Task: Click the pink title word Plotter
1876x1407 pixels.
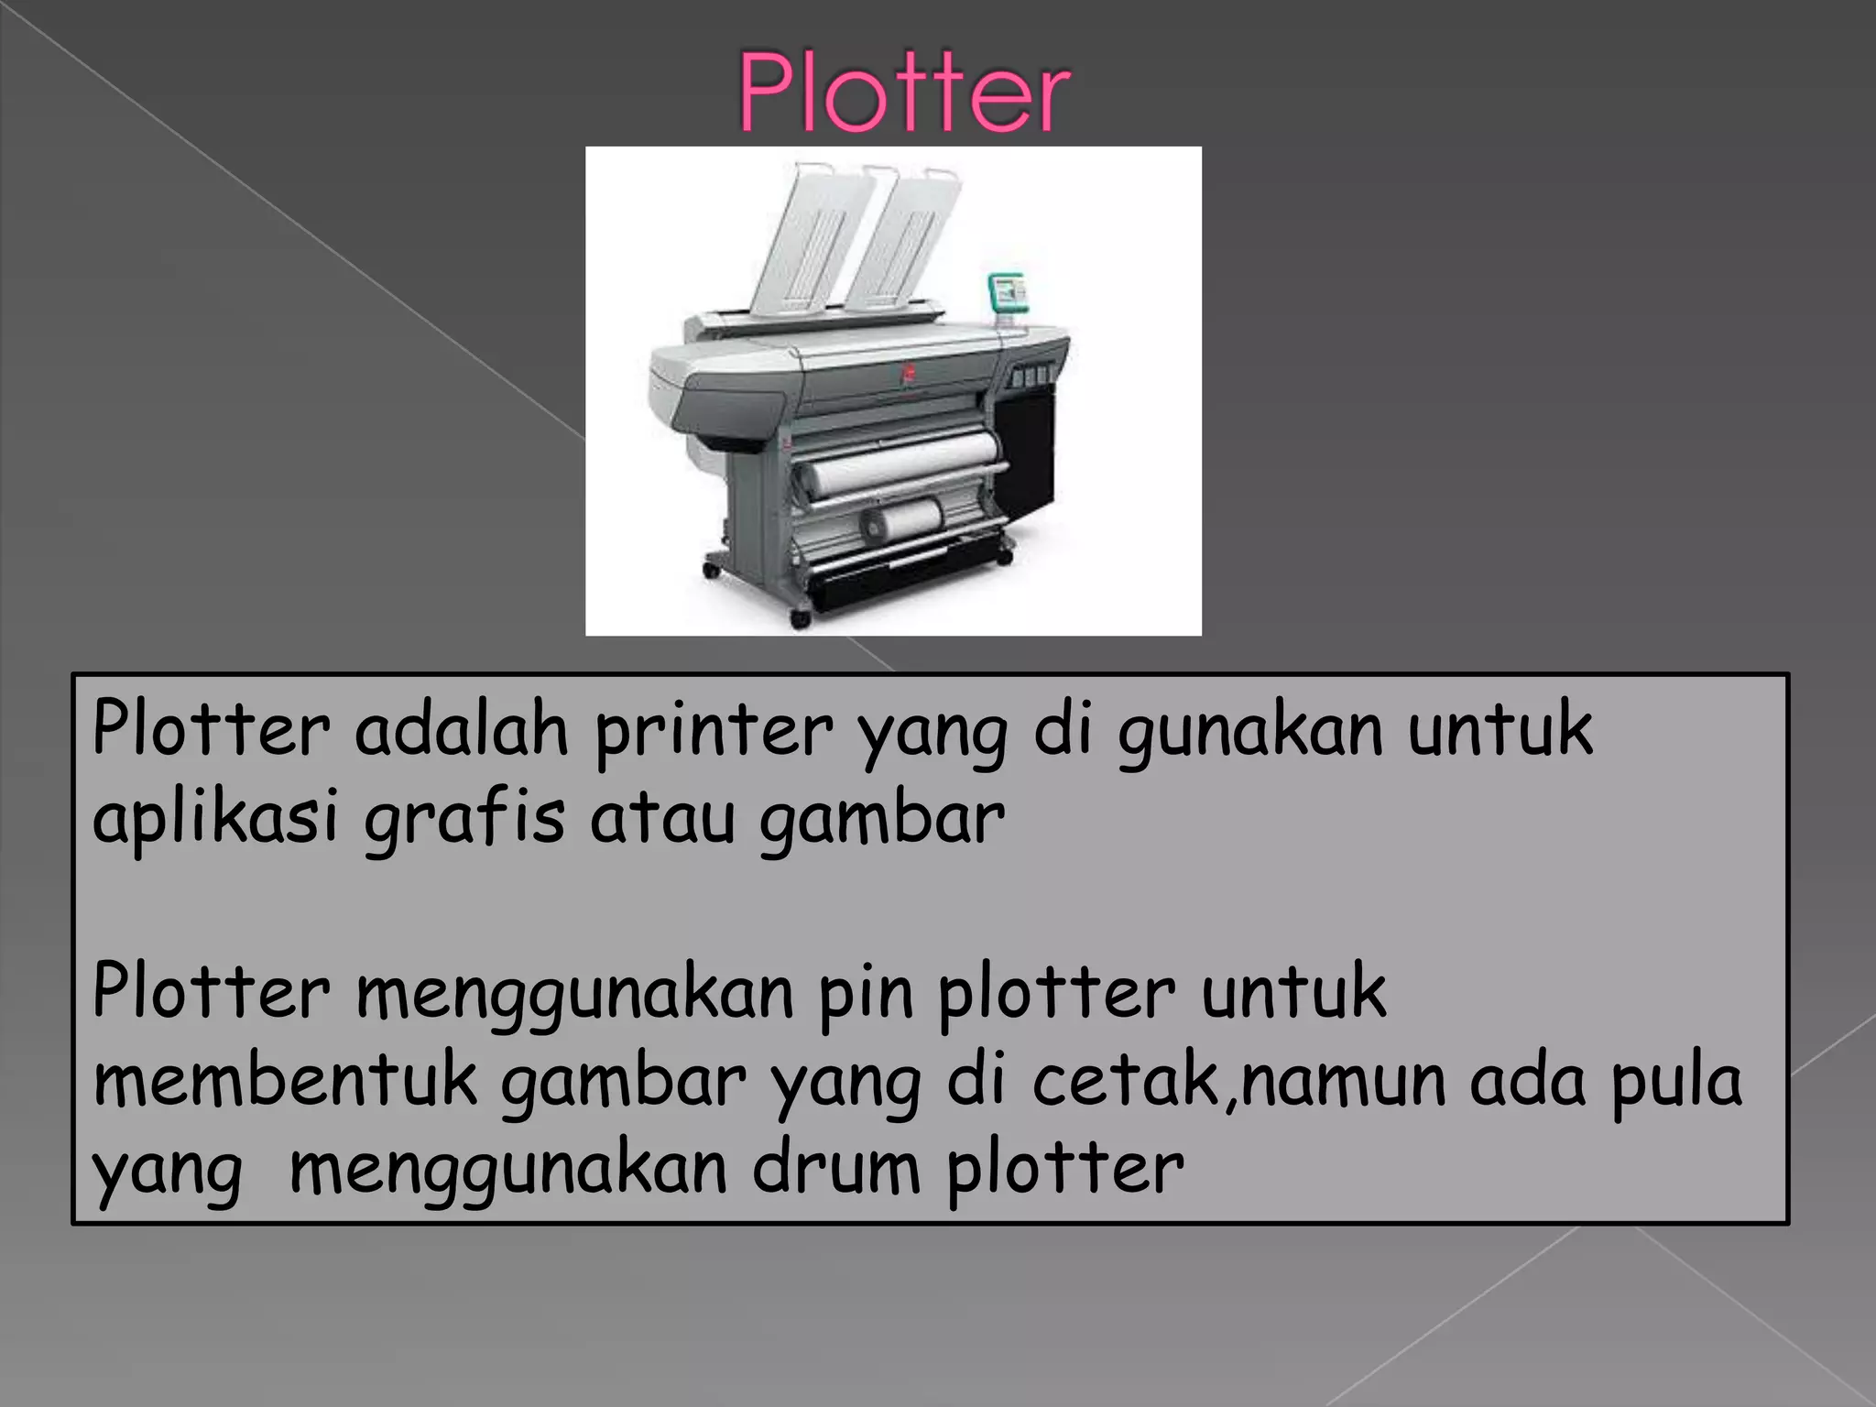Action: [904, 93]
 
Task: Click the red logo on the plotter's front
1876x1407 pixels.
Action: [910, 372]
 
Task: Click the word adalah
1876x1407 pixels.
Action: [462, 730]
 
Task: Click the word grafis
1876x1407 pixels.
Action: [464, 818]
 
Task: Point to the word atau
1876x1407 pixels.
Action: [662, 818]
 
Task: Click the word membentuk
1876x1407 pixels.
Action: [285, 1081]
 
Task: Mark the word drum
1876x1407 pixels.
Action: [836, 1168]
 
